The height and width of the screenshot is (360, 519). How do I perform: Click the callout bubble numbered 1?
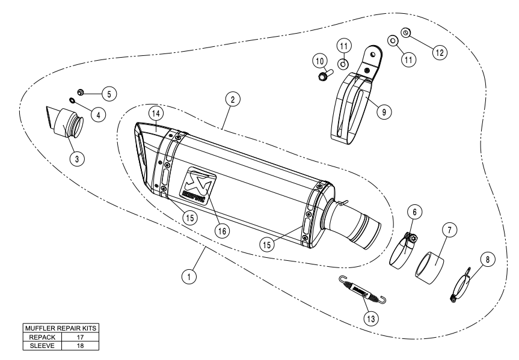189,276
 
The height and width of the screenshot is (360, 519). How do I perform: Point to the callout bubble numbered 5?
109,93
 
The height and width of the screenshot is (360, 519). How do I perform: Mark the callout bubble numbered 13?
369,318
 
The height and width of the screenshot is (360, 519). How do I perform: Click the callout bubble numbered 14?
155,113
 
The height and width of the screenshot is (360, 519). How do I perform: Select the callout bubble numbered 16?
222,231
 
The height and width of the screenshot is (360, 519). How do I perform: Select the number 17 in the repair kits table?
79,337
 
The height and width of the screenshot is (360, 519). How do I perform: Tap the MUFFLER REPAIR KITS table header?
58,329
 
